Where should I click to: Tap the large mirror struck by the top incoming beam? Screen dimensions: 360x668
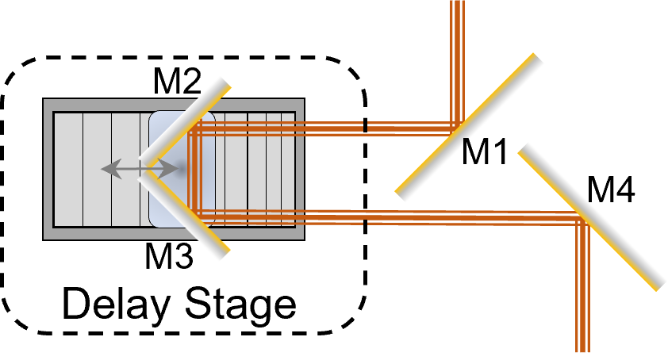pyautogui.click(x=470, y=127)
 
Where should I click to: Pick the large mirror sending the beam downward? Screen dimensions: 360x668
pyautogui.click(x=592, y=216)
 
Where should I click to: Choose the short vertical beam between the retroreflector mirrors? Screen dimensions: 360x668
pyautogui.click(x=194, y=170)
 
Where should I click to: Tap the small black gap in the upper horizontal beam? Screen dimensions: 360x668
pyautogui.click(x=365, y=126)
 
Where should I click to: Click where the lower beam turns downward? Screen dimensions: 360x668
pyautogui.click(x=582, y=220)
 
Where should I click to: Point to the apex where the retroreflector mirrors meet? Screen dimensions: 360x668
pyautogui.click(x=144, y=169)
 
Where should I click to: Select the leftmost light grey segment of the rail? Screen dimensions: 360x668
pyautogui.click(x=68, y=169)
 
